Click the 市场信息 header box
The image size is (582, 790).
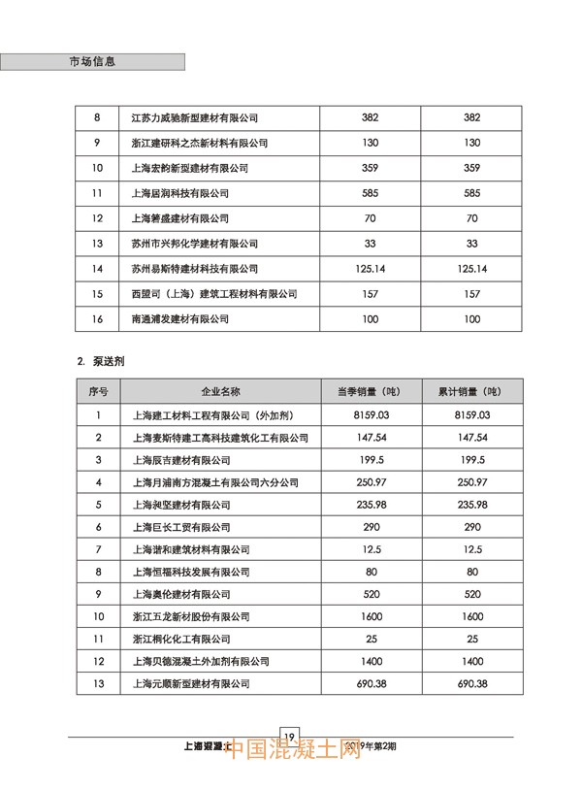click(x=92, y=61)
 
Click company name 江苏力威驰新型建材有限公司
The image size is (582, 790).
click(x=195, y=117)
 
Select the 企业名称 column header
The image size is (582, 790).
click(x=220, y=392)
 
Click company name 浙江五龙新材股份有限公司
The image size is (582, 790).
click(x=190, y=617)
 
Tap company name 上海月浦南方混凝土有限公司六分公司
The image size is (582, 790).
click(x=214, y=482)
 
